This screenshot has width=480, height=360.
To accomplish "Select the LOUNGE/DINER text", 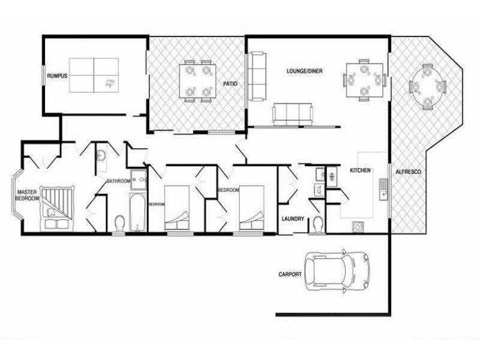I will [x=304, y=71].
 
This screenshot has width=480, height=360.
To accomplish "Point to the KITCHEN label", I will [x=360, y=171].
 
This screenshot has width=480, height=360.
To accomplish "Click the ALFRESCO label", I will [x=408, y=172].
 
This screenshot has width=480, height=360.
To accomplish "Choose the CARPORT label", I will [x=290, y=274].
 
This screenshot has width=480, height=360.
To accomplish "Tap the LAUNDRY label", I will [x=293, y=219].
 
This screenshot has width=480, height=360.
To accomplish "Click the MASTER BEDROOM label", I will [x=27, y=195].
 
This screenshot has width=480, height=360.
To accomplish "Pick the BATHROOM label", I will [x=118, y=181].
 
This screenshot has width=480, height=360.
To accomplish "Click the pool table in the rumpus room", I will [x=94, y=76].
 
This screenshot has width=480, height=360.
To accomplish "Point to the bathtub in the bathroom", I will [x=137, y=212].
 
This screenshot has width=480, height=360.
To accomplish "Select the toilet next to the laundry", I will [x=318, y=223].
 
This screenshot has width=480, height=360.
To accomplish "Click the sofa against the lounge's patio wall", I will [x=257, y=77].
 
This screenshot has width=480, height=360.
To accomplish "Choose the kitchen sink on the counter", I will [x=382, y=189].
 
